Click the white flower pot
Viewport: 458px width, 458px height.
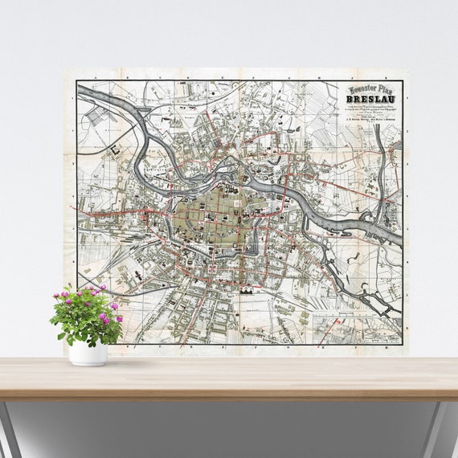[x=87, y=353]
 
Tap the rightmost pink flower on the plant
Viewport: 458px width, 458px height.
[x=119, y=318]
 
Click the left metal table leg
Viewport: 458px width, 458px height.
[x=10, y=426]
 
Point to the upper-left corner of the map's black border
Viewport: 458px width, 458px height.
[x=77, y=82]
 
